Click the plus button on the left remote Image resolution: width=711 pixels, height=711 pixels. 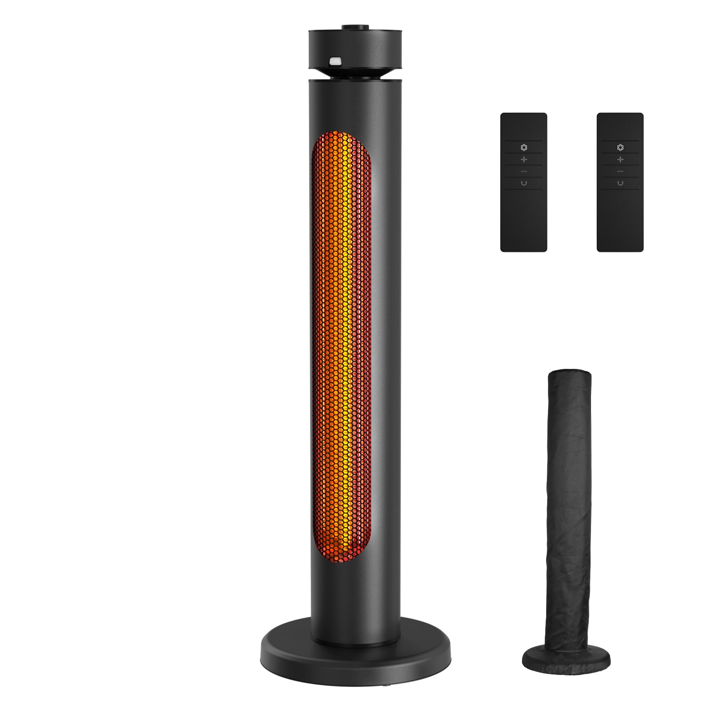tap(524, 159)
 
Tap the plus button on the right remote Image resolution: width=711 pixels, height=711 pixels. tap(620, 159)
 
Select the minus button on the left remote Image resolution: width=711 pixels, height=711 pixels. tap(524, 171)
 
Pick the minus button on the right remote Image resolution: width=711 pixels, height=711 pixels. tap(620, 171)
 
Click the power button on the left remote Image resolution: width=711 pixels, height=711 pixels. tap(524, 183)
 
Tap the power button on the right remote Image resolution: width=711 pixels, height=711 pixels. tap(620, 183)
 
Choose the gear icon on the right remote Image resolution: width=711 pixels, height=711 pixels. tap(620, 147)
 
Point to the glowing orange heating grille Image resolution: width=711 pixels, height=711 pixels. tap(341, 347)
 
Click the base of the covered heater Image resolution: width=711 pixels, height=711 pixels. tap(566, 657)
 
